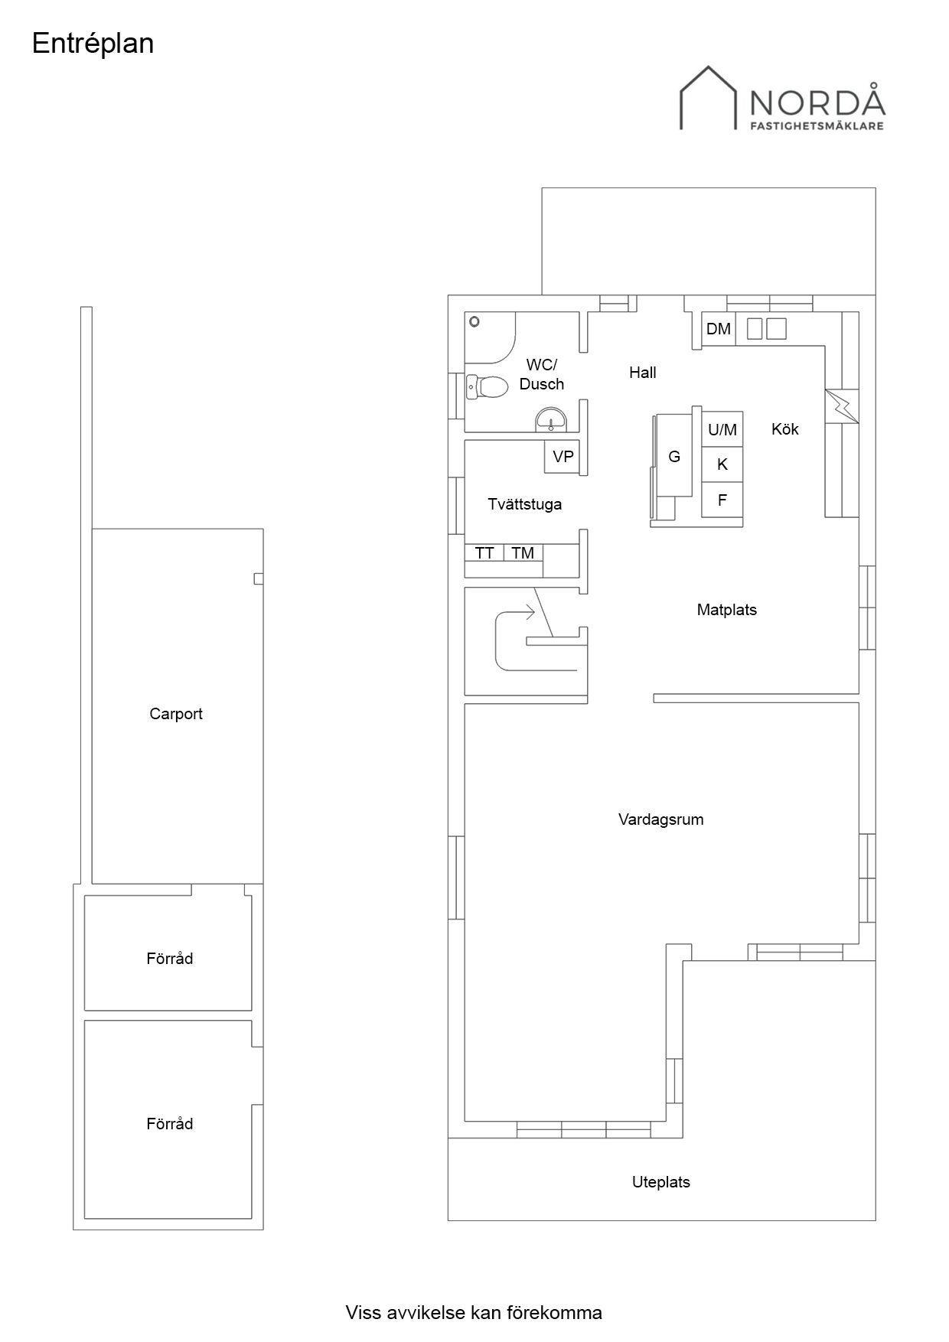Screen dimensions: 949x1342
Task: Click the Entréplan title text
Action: pos(93,44)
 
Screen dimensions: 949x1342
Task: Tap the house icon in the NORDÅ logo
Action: pos(709,97)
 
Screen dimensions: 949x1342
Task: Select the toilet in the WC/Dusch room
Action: pos(487,387)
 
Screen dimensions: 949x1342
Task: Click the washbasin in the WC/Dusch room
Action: pos(551,420)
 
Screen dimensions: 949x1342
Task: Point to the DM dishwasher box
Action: pos(719,330)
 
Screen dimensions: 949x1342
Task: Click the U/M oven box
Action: pos(722,429)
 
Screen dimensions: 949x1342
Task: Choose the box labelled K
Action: pos(722,464)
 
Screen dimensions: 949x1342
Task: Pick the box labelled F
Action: pos(722,500)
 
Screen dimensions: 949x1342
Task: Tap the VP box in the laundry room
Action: pos(563,457)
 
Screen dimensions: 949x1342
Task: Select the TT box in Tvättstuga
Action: pos(484,552)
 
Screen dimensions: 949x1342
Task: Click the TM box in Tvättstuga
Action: pos(523,552)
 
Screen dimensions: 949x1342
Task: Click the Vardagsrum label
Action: pos(660,819)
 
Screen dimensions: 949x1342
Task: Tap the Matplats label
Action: pos(726,610)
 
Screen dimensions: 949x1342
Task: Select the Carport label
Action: pos(176,714)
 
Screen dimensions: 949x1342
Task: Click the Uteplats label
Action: pos(661,1182)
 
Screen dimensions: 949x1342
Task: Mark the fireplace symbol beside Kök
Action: pos(842,406)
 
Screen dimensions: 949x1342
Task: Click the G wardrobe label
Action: pos(674,457)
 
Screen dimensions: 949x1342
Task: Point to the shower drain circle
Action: pos(475,322)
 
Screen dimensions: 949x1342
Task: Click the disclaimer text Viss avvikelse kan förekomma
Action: pos(474,1313)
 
